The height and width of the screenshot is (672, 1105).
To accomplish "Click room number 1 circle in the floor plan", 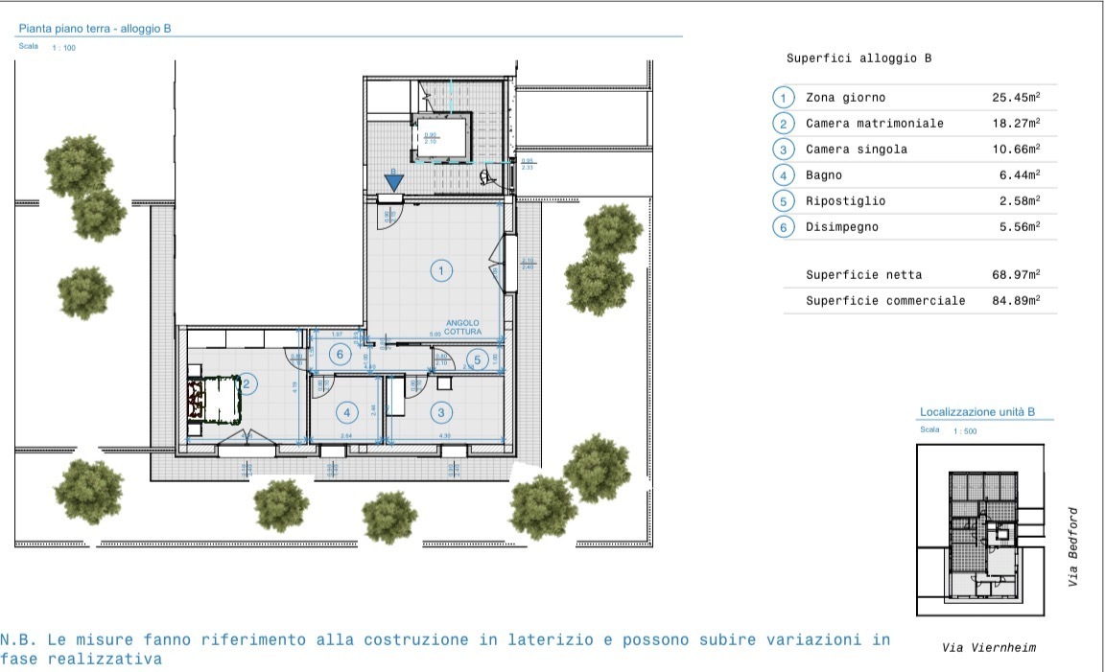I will coord(440,270).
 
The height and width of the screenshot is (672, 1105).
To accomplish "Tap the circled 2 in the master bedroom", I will coord(247,384).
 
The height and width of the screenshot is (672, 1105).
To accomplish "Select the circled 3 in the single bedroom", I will coord(440,413).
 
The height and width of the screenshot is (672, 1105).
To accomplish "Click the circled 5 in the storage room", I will coord(477,360).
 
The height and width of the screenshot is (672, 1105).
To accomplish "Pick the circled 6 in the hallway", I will coord(338,354).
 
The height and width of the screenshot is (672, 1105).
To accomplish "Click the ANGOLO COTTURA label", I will coord(463,328).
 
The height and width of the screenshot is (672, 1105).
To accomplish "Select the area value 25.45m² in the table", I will coord(1016,98).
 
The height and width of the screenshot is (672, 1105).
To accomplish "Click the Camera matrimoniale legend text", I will coord(874,124).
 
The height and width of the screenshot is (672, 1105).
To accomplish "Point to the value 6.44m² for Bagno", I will coord(1020,175).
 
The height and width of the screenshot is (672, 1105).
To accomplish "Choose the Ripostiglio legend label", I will coord(845,201).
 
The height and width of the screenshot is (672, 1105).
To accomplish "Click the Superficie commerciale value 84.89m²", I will coord(1016,301).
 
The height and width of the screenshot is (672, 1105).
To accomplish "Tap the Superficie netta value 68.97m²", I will coord(1016,275).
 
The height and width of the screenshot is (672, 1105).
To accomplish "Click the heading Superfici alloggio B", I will coord(858,58).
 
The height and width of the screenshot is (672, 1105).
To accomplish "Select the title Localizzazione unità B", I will coord(976,412).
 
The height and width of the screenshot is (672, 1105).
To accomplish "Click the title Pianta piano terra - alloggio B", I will coord(95,30).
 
